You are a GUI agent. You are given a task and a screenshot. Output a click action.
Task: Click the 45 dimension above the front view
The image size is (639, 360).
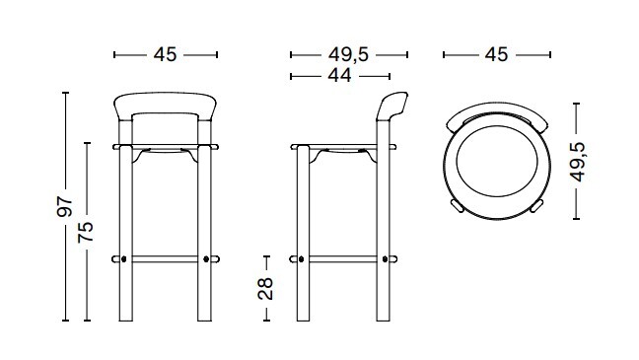point(165,54)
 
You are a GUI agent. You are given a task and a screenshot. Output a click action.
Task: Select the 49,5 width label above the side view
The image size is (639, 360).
point(348,54)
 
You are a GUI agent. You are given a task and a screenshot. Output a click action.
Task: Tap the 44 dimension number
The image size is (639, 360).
point(339,75)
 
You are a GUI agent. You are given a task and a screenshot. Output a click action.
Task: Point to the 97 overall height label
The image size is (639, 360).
point(64,206)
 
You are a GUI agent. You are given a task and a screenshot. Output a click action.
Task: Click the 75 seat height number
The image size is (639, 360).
point(86,233)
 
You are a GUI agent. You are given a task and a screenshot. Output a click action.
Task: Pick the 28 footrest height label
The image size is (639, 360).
point(265,289)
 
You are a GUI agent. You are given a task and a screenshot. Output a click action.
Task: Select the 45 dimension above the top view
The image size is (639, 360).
point(496,54)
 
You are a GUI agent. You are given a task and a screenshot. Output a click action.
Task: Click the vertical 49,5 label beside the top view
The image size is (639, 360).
point(577,162)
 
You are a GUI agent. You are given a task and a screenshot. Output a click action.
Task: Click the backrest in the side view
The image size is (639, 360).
point(391,106)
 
